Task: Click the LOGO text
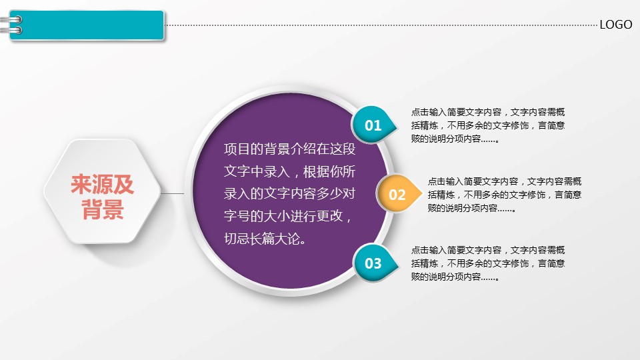[615, 25]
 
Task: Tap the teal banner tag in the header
[87, 25]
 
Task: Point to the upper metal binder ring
[11, 19]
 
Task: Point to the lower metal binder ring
[11, 30]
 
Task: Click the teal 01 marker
[373, 125]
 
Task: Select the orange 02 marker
[398, 194]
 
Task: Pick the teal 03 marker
[374, 263]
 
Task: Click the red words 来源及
[102, 184]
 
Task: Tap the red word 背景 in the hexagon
[103, 209]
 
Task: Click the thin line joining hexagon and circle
[173, 193]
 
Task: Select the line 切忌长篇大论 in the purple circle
[265, 239]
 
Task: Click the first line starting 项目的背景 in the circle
[289, 149]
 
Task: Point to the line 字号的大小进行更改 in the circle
[287, 216]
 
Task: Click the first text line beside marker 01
[488, 112]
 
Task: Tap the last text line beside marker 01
[455, 139]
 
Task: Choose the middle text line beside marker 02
[505, 195]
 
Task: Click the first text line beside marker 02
[505, 181]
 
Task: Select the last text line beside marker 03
[455, 277]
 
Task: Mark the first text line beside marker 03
[488, 250]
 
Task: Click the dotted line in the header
[381, 25]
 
